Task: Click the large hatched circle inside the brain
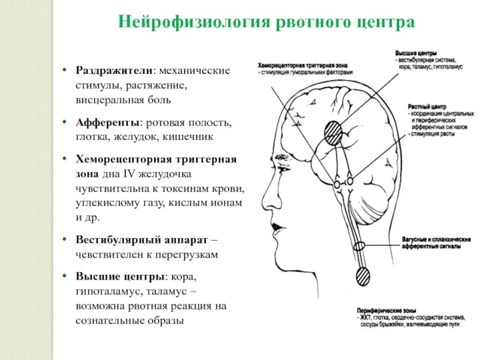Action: [x=334, y=131]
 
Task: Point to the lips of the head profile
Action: [x=274, y=229]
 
